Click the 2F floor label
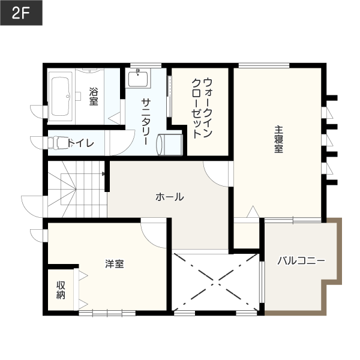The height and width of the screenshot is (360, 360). click(x=21, y=13)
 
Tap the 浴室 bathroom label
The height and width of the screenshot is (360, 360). click(x=94, y=96)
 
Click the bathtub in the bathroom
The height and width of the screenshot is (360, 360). click(x=61, y=97)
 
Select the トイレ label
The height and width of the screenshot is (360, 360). click(x=80, y=143)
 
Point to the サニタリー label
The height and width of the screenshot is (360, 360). click(x=146, y=122)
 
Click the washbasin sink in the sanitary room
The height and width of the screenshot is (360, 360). click(x=138, y=78)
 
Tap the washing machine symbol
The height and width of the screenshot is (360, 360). click(x=169, y=145)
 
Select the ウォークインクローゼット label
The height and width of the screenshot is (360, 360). click(x=202, y=108)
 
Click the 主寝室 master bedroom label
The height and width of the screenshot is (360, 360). click(x=278, y=139)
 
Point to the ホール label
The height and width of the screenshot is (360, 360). click(x=170, y=197)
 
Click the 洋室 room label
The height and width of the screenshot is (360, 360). click(x=115, y=264)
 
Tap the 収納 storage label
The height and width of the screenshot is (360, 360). click(x=61, y=290)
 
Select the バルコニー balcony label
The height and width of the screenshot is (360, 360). click(x=301, y=261)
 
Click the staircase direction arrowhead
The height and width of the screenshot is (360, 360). click(x=104, y=174)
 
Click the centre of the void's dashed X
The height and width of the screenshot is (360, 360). click(x=216, y=282)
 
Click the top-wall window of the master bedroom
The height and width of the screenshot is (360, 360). click(x=264, y=65)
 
